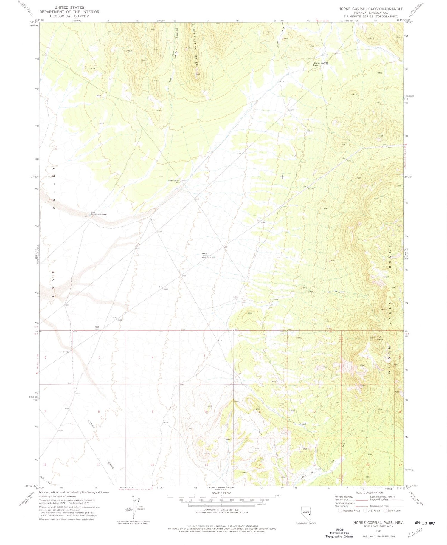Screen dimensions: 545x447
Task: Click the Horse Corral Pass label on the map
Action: [x=320, y=64]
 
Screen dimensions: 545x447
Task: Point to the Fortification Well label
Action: [x=173, y=182]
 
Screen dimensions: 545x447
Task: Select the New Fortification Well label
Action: [x=99, y=213]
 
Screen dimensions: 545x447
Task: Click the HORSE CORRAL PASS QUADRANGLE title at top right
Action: [x=371, y=9]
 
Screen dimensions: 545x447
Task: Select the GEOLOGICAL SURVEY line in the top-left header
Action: [x=69, y=16]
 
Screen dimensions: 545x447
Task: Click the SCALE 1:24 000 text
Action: [x=221, y=493]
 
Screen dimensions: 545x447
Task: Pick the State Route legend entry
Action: [x=392, y=510]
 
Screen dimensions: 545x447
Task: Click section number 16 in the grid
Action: [x=153, y=465]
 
